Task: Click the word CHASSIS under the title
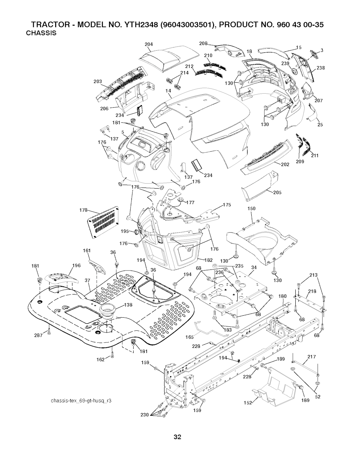41,33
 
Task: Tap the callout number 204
149,44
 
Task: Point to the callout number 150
251,209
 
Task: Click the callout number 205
277,192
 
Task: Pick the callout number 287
39,335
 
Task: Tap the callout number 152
248,403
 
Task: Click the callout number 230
145,414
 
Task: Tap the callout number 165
189,337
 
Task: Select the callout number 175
227,205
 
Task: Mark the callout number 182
209,260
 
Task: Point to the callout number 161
87,251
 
